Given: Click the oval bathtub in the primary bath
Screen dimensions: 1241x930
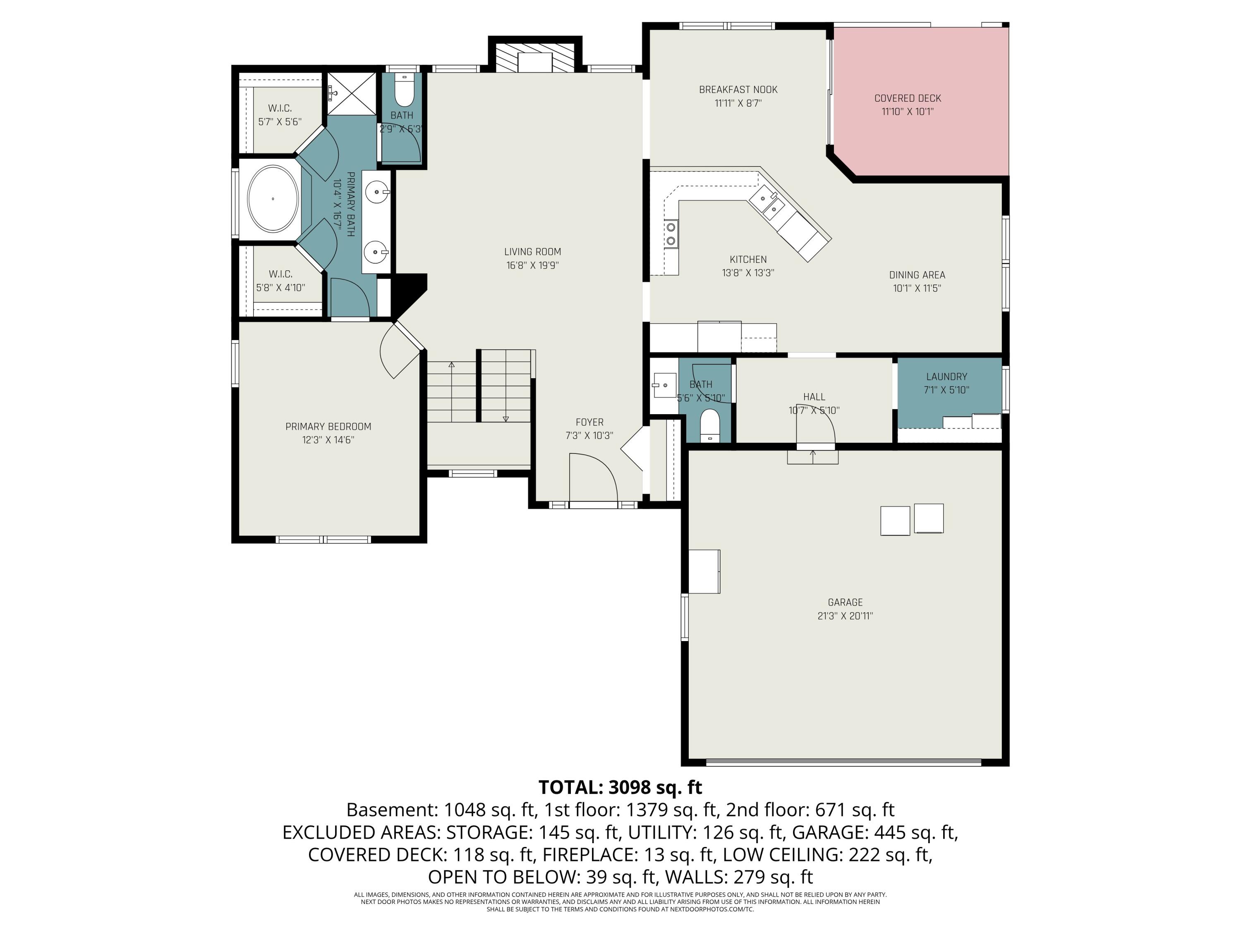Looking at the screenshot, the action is point(273,198).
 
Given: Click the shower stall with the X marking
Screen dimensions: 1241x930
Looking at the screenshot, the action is point(352,93).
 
